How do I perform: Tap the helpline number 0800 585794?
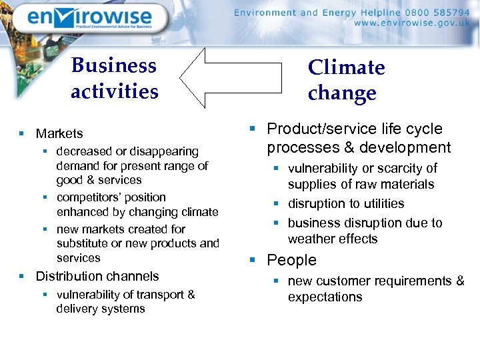(x=433, y=12)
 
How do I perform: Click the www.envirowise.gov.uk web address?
(x=412, y=23)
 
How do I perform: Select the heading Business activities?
(x=115, y=78)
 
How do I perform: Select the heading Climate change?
(x=346, y=80)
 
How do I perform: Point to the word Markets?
(x=59, y=134)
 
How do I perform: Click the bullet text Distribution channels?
(x=97, y=276)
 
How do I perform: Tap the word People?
(x=291, y=260)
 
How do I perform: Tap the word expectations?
(x=325, y=297)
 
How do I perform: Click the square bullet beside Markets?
(x=22, y=134)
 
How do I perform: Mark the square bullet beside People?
(x=253, y=261)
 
